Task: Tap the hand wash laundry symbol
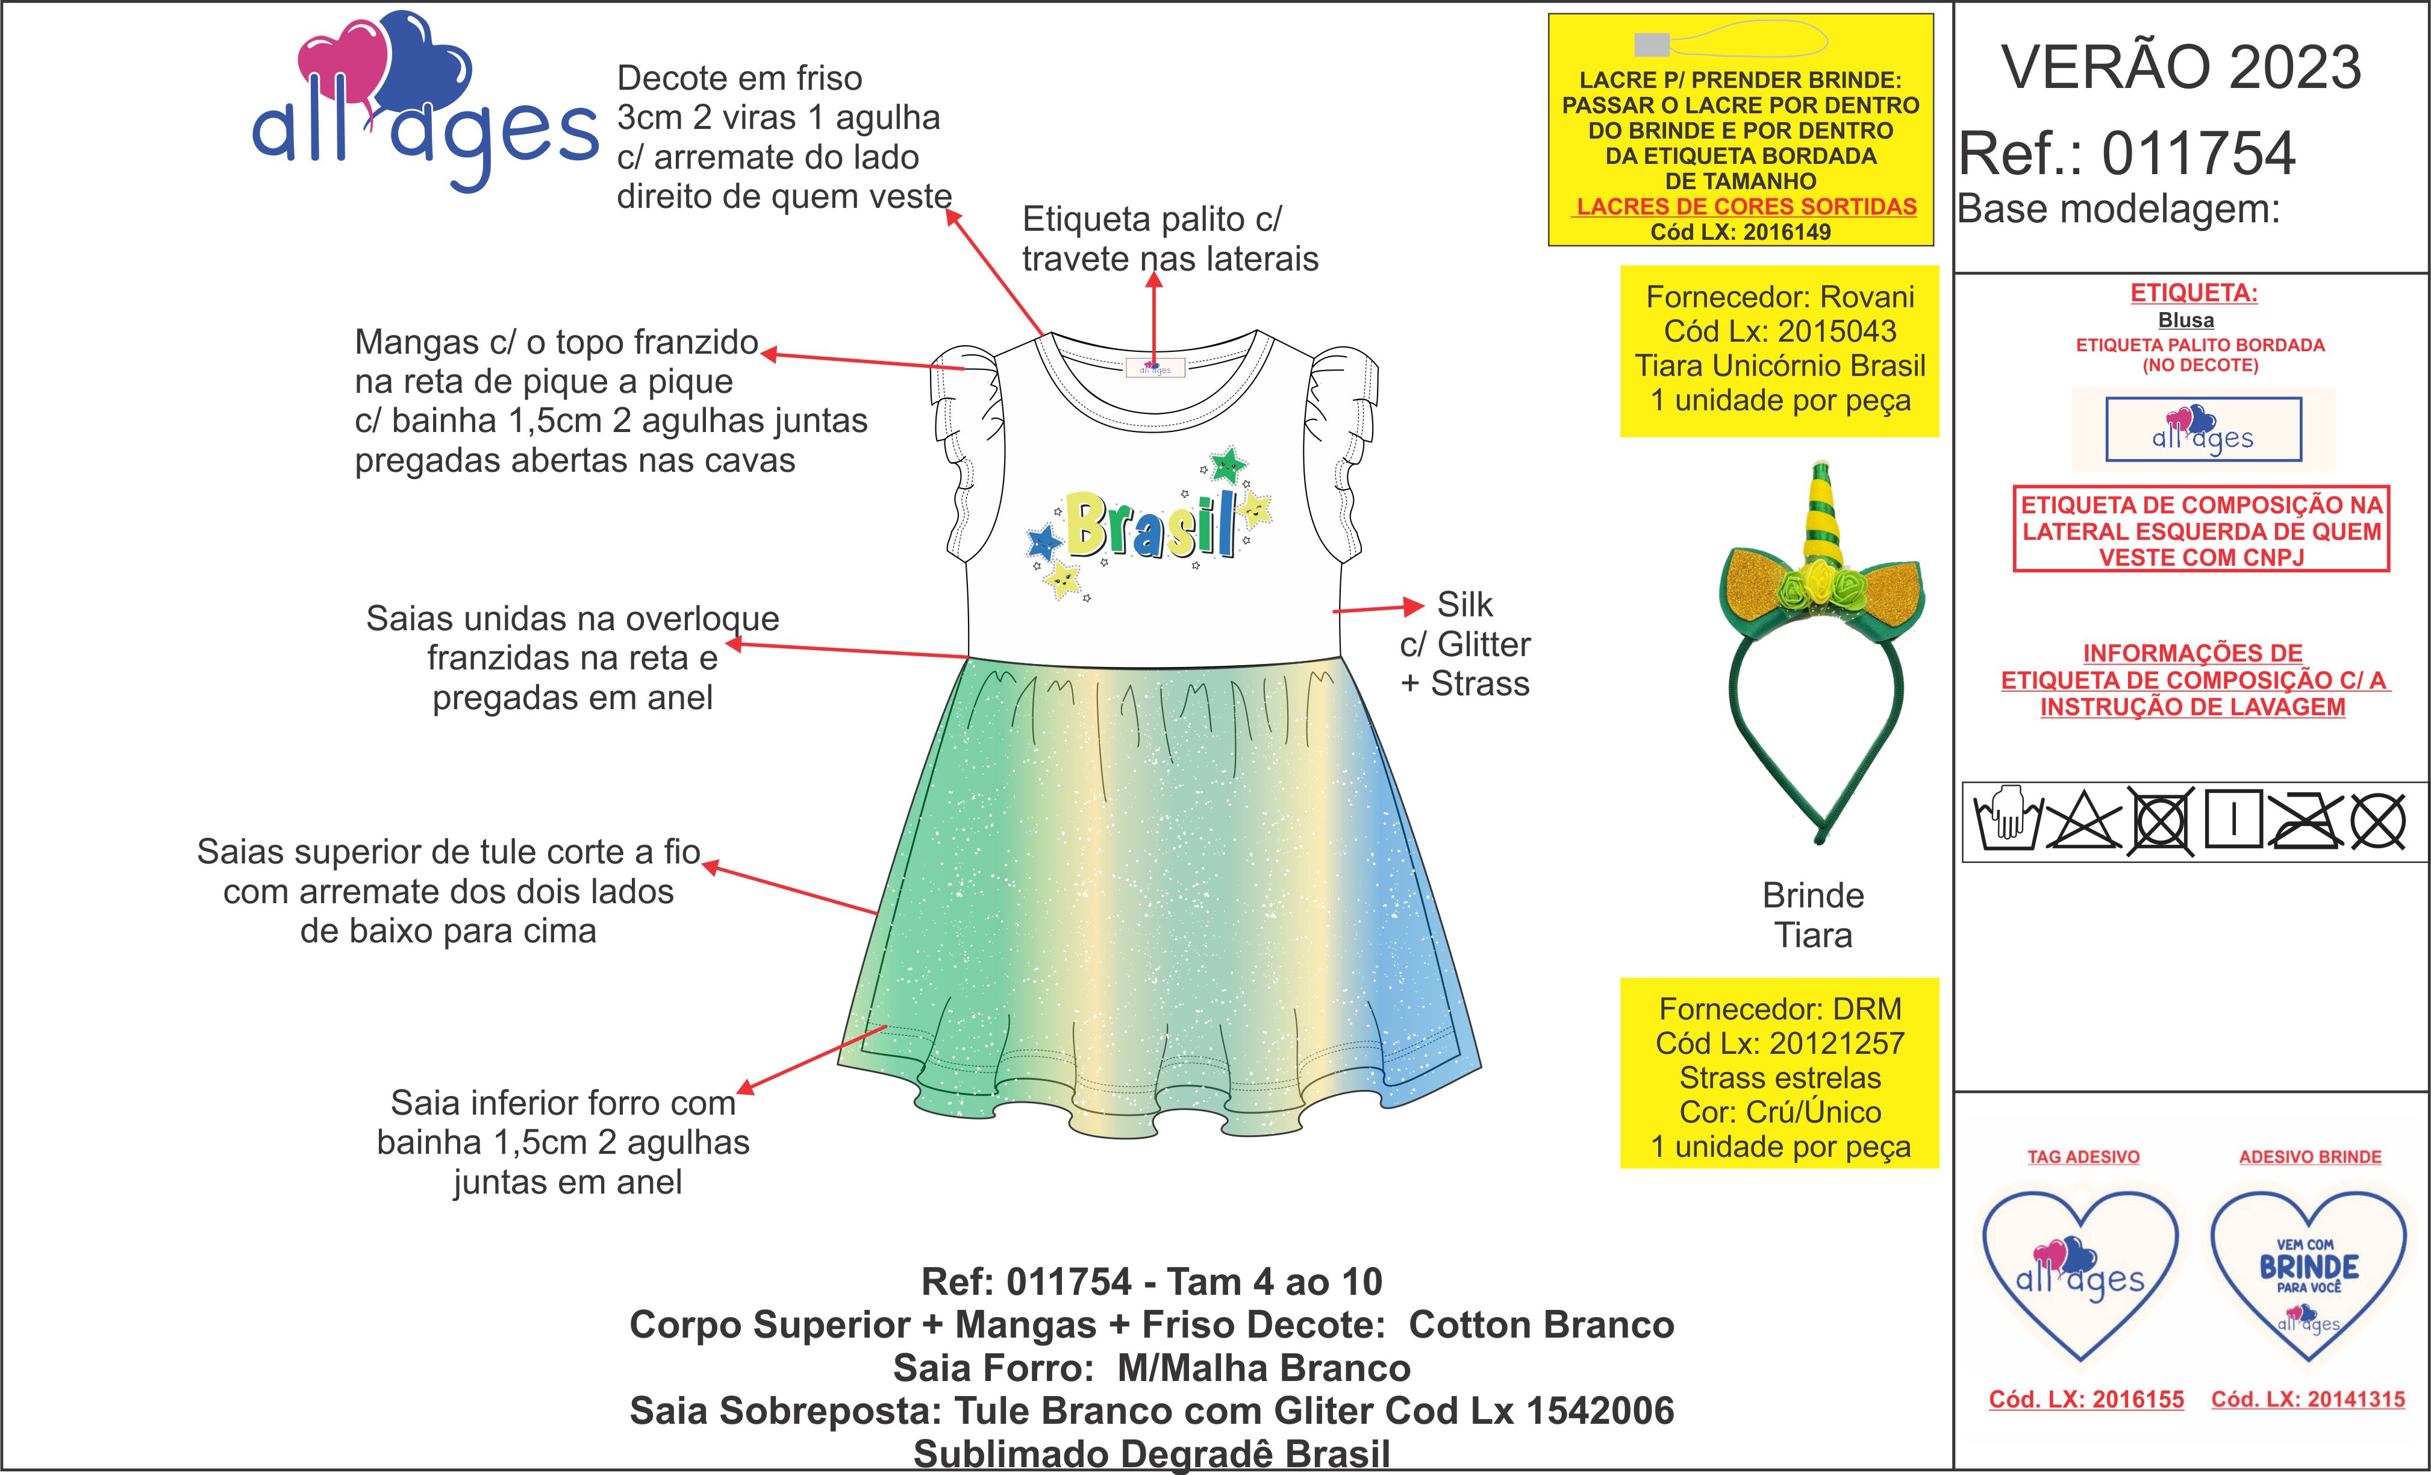2007,819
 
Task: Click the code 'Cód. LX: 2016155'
2086,1399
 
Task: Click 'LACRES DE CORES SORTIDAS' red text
1746,206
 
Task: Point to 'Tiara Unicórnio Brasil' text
1780,366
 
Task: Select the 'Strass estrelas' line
1780,1077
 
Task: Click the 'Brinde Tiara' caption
1814,915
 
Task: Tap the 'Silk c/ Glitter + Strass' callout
1465,644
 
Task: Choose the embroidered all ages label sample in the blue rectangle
2203,429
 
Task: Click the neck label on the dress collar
1155,368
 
